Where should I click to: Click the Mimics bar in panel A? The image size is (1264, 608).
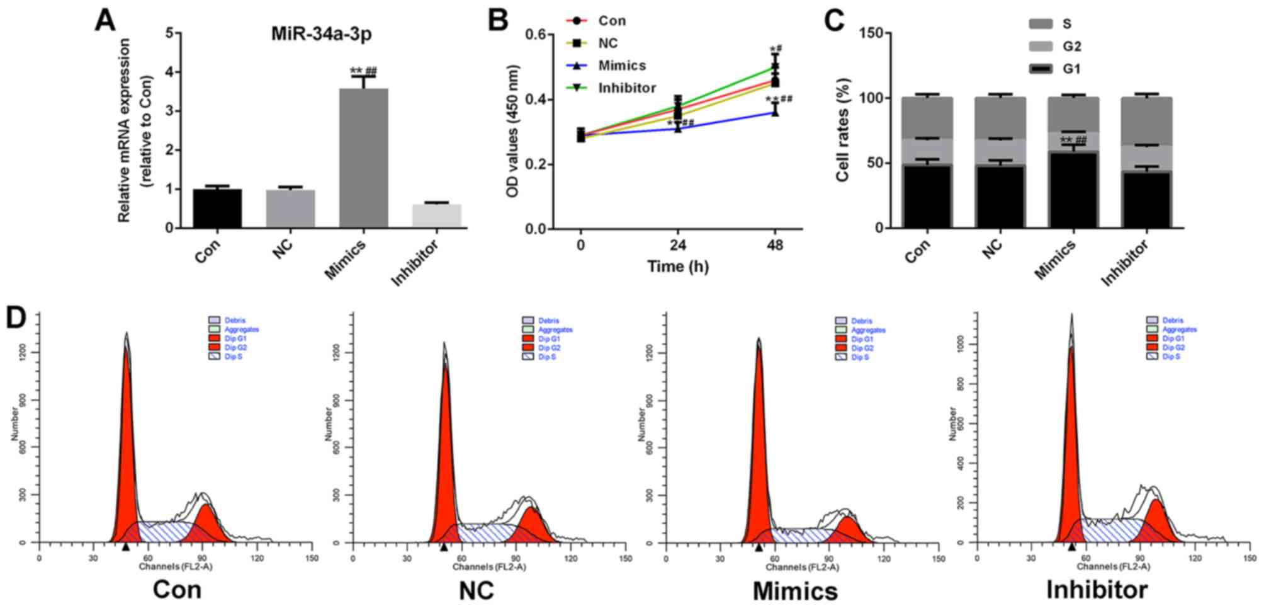click(363, 158)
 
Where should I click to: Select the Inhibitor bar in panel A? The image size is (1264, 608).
click(436, 215)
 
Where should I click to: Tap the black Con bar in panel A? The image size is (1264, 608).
click(217, 208)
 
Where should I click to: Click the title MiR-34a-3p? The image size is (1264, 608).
click(321, 33)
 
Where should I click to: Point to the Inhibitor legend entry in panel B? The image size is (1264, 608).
click(626, 88)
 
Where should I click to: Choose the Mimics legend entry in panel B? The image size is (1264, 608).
click(621, 66)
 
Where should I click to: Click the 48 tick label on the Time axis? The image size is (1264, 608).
click(775, 244)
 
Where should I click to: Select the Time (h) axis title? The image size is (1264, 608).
click(678, 267)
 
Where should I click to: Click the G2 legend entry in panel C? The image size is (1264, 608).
click(1071, 46)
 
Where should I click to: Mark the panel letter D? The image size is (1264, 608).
click(18, 318)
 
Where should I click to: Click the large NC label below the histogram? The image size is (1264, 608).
click(476, 590)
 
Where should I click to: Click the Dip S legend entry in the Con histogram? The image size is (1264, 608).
click(233, 357)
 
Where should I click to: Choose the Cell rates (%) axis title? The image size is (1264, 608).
click(843, 130)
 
